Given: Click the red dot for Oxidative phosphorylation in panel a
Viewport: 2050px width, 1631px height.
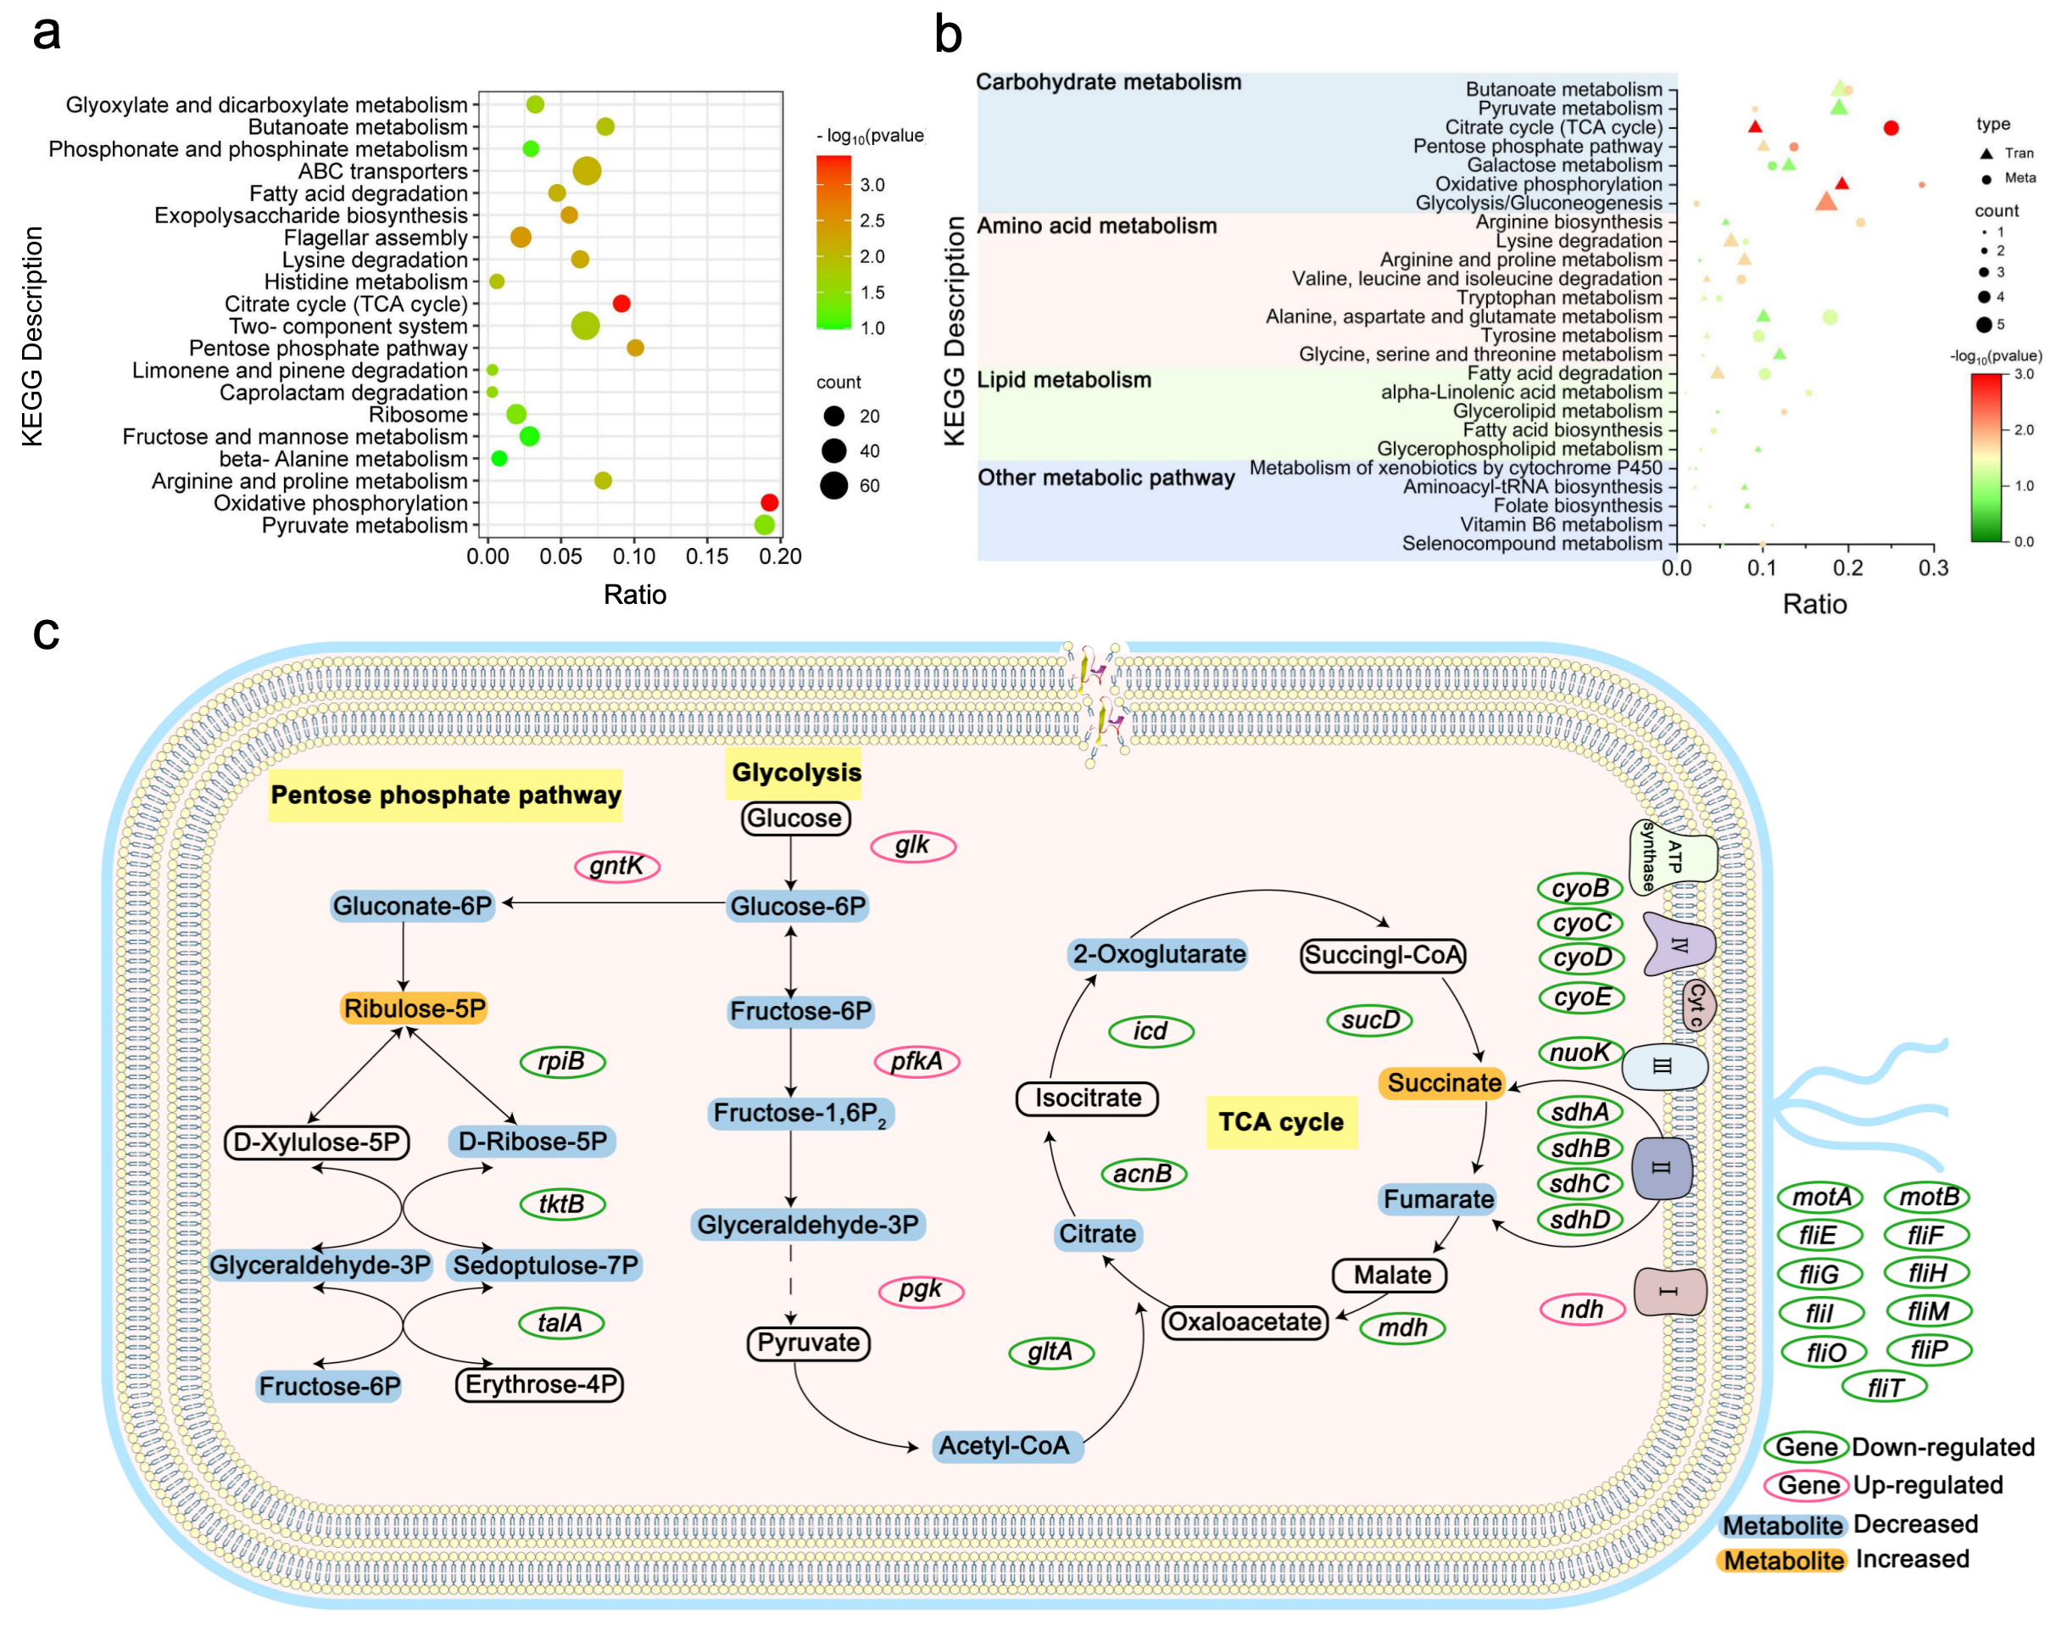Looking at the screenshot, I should coord(769,502).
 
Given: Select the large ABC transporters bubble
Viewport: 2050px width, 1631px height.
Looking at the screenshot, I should coord(587,171).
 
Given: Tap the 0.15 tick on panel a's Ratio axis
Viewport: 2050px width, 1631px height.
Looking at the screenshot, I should coord(707,556).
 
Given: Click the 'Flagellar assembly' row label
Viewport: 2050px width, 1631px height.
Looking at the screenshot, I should coord(376,237).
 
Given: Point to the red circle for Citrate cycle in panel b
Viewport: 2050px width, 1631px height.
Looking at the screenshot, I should coord(1891,127).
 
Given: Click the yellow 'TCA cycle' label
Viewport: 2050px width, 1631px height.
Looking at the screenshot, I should coord(1281,1122).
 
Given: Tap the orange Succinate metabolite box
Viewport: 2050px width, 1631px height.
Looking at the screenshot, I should coord(1442,1083).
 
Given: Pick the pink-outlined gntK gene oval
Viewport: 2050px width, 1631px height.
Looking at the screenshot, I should coord(617,866).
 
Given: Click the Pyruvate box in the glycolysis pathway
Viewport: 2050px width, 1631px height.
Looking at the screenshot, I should coord(808,1343).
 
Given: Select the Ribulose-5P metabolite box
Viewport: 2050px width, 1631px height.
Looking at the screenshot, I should coord(414,1008).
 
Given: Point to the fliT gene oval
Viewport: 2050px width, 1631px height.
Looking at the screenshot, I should coord(1884,1388).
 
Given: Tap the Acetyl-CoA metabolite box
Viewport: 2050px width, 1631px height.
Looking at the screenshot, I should coord(1006,1445).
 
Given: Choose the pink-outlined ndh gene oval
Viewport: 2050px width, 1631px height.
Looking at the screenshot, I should coord(1581,1310).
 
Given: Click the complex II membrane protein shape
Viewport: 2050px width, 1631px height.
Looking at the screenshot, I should coord(1661,1168).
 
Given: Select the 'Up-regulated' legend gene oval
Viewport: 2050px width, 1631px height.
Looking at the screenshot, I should coord(1807,1484).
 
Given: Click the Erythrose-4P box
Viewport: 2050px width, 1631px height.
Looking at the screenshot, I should coord(540,1385).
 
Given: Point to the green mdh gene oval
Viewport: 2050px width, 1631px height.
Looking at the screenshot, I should coord(1401,1327).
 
